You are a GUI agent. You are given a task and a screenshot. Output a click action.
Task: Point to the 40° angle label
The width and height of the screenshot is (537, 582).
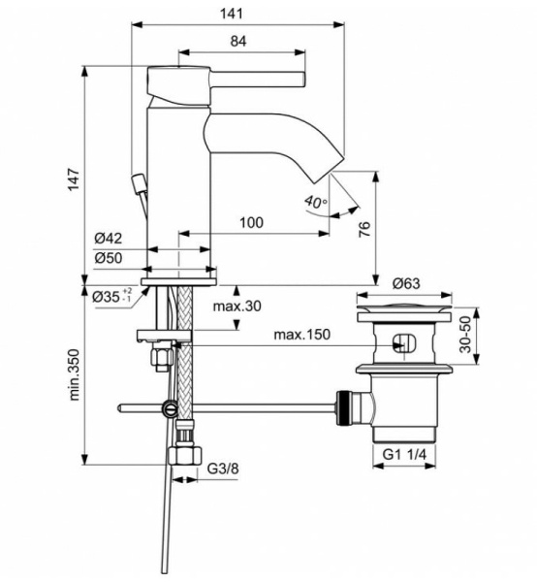(x=315, y=203)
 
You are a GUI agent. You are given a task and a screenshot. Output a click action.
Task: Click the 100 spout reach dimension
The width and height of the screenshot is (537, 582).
(x=251, y=223)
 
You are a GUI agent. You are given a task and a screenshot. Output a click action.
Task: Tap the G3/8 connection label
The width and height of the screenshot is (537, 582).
(x=223, y=470)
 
